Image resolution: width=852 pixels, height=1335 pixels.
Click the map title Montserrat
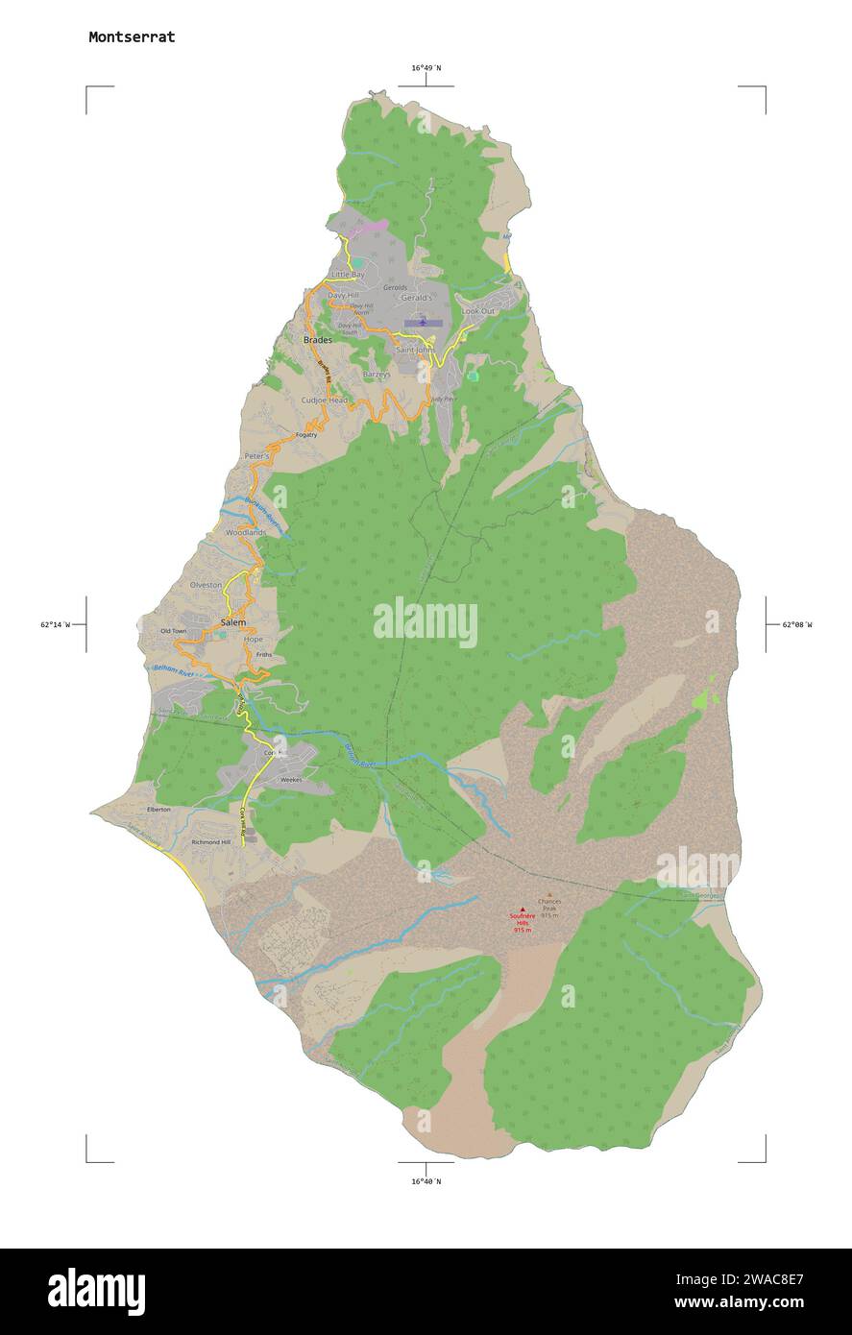coord(132,37)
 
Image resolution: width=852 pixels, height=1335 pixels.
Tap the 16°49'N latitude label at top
coord(426,68)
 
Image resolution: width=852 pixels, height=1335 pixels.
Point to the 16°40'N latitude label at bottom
coord(426,1181)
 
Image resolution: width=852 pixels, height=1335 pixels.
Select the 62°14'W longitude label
coord(56,624)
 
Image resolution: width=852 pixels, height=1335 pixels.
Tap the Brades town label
coord(318,340)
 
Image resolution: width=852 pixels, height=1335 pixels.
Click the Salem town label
coord(233,622)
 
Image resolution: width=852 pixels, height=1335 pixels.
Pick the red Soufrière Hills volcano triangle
coord(523,910)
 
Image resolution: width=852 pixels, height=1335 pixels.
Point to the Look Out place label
coord(478,311)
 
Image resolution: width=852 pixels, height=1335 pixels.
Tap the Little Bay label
coord(348,275)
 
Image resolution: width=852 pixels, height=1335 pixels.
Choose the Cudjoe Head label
coord(325,400)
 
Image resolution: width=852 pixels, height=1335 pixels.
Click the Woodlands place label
coord(246,532)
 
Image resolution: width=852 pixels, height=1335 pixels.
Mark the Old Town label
coord(174,631)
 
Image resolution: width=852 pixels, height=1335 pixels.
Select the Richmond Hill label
coord(211,842)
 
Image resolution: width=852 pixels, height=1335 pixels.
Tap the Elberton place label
coord(158,810)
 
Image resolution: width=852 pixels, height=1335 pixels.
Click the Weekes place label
coord(290,780)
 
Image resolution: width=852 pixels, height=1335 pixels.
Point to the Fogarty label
coord(306,435)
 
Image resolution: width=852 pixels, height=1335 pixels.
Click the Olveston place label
coord(207,585)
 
